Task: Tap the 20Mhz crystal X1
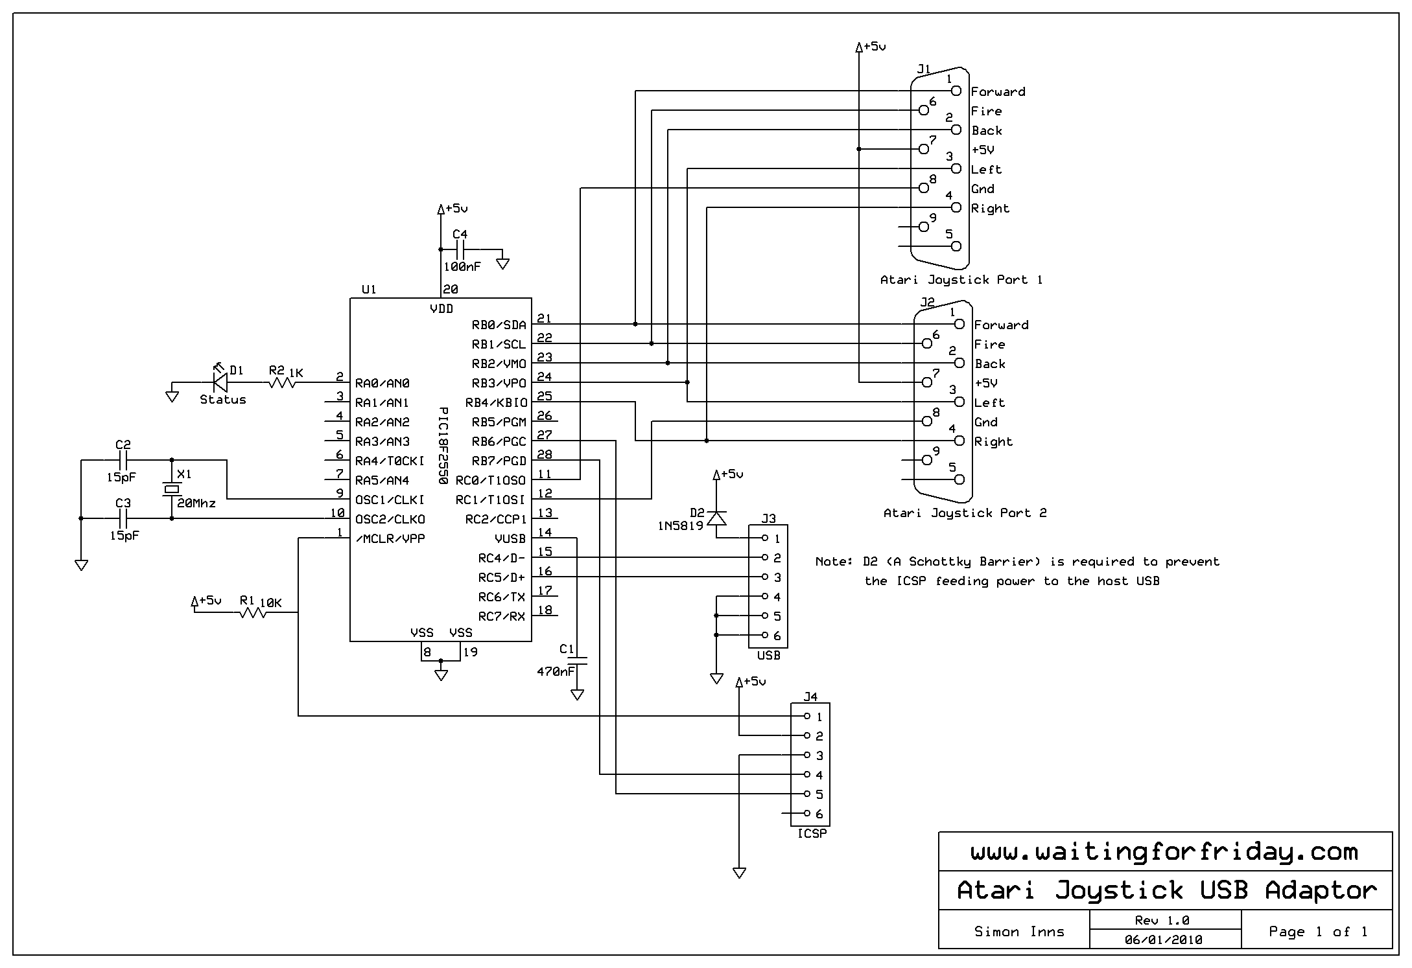pos(171,489)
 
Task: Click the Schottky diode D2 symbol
pos(716,518)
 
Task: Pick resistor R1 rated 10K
pos(253,612)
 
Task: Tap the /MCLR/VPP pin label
pos(390,538)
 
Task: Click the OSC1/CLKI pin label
pos(390,500)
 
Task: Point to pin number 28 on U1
pos(545,455)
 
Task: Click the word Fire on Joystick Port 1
pos(986,111)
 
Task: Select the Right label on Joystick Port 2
pos(993,441)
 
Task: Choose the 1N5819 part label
pos(680,526)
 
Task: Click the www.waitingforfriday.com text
pos(1164,851)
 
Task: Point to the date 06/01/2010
pos(1164,939)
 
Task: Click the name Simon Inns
pos(1019,932)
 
